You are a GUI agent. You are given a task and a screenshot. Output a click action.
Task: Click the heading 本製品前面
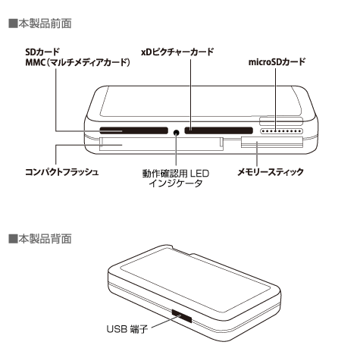pos(45,24)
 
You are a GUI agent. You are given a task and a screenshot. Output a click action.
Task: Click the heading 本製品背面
pos(45,239)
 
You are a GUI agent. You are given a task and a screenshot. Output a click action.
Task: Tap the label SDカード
pos(42,52)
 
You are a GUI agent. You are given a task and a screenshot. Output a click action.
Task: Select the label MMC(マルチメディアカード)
pos(77,62)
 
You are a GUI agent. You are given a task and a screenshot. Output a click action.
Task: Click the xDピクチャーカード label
pos(177,52)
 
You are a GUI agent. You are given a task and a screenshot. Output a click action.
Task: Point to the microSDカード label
pos(277,61)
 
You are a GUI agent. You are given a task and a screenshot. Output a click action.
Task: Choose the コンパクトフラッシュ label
pos(61,172)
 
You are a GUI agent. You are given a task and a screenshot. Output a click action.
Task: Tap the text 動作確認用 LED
pos(176,174)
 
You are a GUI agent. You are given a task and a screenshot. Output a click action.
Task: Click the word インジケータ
pos(176,184)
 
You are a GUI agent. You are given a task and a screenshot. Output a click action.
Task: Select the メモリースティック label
pos(271,172)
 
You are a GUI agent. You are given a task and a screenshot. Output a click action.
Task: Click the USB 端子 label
pos(127,329)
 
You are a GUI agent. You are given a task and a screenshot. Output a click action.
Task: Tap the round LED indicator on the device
pos(177,132)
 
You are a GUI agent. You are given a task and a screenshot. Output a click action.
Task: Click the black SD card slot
pos(134,130)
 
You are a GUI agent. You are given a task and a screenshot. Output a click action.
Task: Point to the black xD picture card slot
pos(219,130)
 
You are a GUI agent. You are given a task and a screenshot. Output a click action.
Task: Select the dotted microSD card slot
pos(281,131)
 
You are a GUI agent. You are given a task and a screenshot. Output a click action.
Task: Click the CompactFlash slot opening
pos(161,144)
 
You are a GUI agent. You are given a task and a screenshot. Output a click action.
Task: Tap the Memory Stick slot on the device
pos(272,143)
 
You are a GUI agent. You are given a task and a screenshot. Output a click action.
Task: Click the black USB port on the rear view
pos(181,316)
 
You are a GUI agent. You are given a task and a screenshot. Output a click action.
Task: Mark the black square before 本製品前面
pos(14,24)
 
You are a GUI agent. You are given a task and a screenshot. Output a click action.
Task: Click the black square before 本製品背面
pos(14,239)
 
